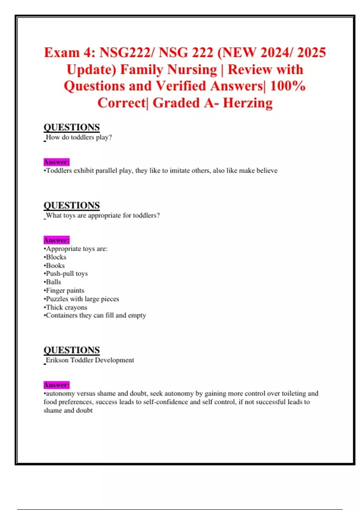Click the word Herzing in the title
(248, 103)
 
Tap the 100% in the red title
(288, 86)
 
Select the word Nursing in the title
(192, 70)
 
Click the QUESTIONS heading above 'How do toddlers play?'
(72, 127)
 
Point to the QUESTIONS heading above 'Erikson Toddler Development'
(72, 350)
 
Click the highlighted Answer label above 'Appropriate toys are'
(57, 240)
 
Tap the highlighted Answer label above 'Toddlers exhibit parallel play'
(57, 162)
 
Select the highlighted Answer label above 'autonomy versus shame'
(57, 385)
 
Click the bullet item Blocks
(55, 257)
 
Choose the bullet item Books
(55, 265)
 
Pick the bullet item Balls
(53, 282)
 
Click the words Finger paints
(65, 290)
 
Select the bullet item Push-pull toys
(66, 274)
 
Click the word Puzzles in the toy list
(57, 299)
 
